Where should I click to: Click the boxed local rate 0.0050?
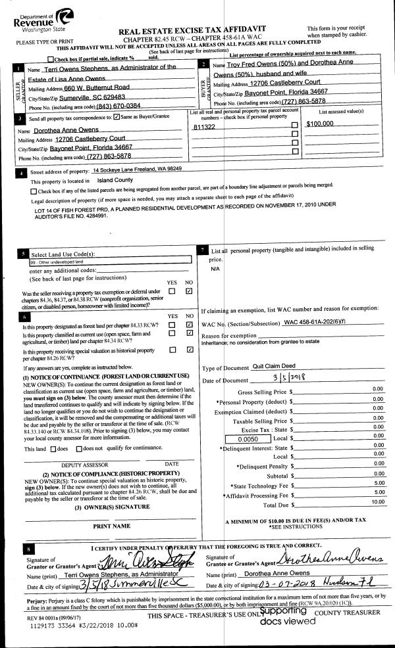pos(244,437)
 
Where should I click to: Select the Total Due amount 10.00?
pos(377,503)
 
